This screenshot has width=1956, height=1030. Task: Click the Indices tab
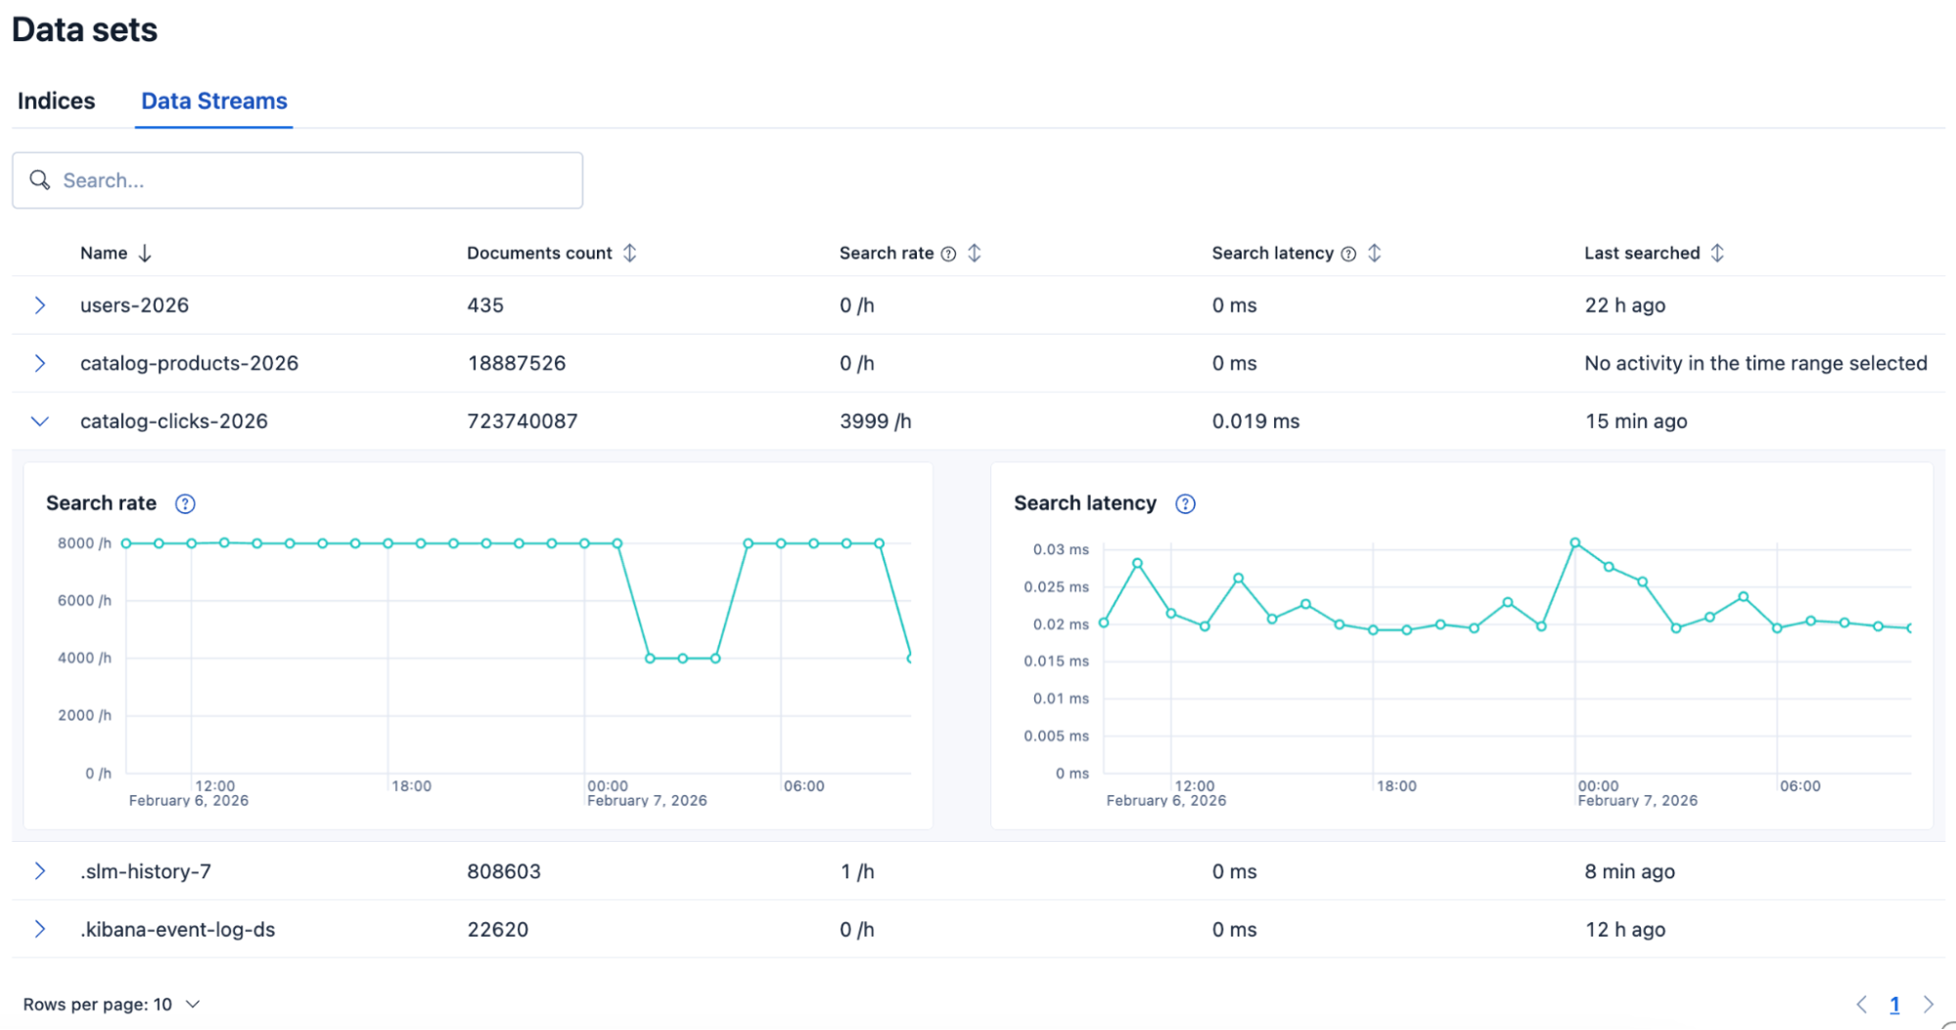pyautogui.click(x=56, y=101)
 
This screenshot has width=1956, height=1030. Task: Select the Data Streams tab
pyautogui.click(x=213, y=101)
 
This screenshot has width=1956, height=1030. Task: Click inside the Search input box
pyautogui.click(x=313, y=180)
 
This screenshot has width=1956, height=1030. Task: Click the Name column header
pyautogui.click(x=104, y=254)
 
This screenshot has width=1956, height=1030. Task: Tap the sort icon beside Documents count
pyautogui.click(x=630, y=254)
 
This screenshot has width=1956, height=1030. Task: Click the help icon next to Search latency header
pyautogui.click(x=1348, y=255)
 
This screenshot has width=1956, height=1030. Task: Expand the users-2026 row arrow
pyautogui.click(x=40, y=305)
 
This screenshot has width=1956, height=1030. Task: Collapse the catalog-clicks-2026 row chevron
pyautogui.click(x=40, y=422)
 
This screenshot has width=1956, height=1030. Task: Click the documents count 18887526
pyautogui.click(x=516, y=363)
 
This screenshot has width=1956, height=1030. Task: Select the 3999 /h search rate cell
pyautogui.click(x=875, y=422)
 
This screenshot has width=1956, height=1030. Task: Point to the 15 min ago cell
pyautogui.click(x=1635, y=422)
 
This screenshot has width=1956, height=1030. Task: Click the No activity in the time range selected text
pyautogui.click(x=1754, y=363)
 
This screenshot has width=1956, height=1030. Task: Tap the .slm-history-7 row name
pyautogui.click(x=145, y=871)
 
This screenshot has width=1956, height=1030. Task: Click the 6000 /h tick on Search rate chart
pyautogui.click(x=84, y=601)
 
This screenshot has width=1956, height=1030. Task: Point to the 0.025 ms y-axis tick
pyautogui.click(x=1056, y=587)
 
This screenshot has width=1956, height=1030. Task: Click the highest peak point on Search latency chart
pyautogui.click(x=1574, y=542)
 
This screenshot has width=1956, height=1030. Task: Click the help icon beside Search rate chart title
pyautogui.click(x=185, y=504)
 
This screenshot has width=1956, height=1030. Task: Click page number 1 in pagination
pyautogui.click(x=1894, y=1005)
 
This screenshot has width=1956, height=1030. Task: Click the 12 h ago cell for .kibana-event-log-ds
pyautogui.click(x=1624, y=930)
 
